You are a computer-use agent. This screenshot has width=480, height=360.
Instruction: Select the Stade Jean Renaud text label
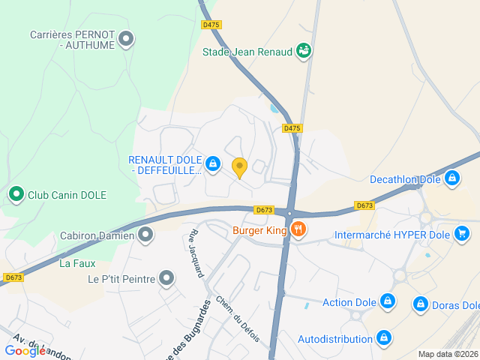click(247, 52)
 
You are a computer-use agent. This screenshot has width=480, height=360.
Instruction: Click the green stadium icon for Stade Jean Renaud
click(303, 51)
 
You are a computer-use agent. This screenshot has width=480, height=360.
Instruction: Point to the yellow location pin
click(240, 167)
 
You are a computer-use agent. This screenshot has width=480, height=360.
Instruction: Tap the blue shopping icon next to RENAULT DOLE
click(213, 163)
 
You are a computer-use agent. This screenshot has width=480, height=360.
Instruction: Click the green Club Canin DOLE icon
click(16, 195)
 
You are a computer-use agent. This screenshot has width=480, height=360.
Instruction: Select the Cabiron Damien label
click(97, 235)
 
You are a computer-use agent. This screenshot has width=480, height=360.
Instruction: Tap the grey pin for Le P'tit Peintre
click(166, 279)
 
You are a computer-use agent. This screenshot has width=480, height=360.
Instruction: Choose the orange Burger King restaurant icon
click(298, 230)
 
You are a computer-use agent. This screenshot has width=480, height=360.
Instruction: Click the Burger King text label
click(259, 230)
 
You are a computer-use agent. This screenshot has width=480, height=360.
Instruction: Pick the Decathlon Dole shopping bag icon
click(451, 179)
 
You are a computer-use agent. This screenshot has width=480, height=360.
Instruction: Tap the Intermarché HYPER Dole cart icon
click(463, 234)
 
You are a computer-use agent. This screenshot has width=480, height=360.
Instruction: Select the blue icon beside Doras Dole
click(421, 304)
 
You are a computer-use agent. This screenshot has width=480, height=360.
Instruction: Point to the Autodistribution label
click(335, 339)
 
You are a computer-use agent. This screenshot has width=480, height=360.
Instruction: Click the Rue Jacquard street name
click(197, 253)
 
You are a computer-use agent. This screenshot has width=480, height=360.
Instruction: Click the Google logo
click(25, 350)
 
